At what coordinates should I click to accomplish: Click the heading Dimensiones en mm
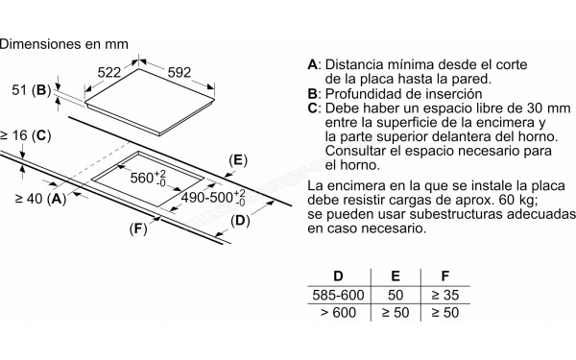click(62, 43)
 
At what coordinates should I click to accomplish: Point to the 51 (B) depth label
click(29, 90)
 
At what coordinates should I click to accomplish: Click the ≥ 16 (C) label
click(24, 136)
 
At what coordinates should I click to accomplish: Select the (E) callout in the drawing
click(239, 159)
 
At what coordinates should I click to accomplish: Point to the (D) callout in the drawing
click(239, 223)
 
